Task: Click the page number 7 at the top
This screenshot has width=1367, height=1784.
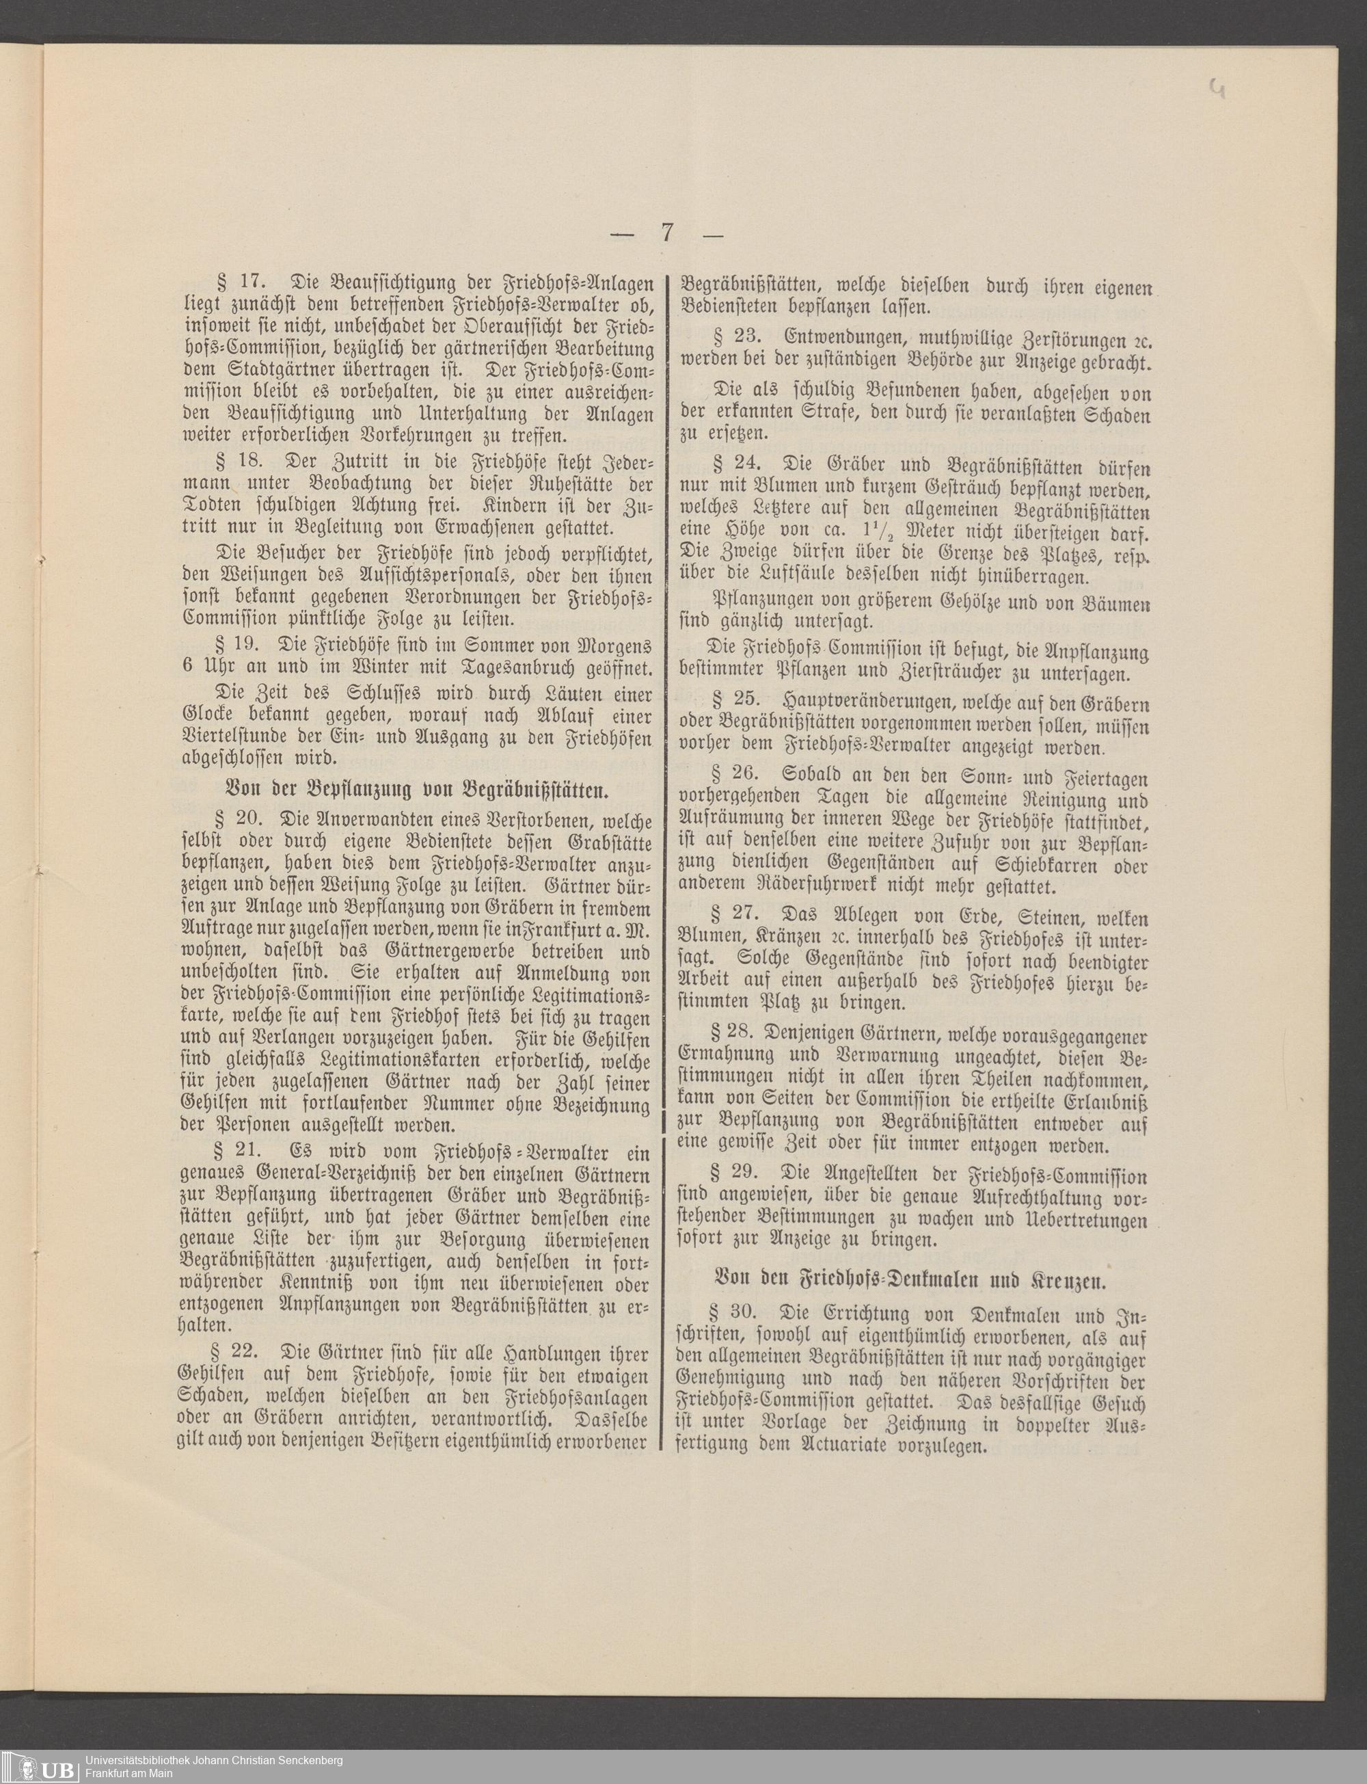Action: [666, 234]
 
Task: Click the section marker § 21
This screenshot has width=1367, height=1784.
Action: [236, 1152]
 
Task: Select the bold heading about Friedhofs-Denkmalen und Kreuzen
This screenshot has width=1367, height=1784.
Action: [910, 1279]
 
